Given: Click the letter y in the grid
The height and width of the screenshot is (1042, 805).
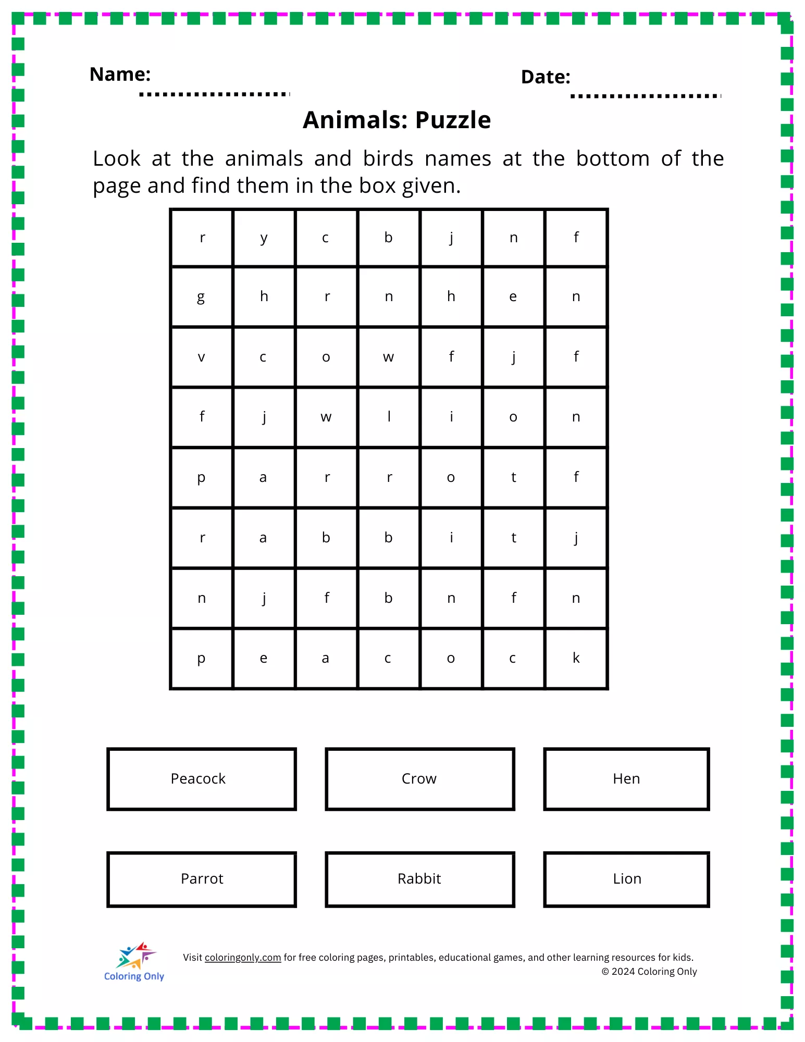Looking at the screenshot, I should pyautogui.click(x=264, y=238).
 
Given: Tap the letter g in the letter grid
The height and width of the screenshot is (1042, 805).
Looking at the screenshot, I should pyautogui.click(x=201, y=297).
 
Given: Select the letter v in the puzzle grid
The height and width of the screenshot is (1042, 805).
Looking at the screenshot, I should pyautogui.click(x=202, y=357).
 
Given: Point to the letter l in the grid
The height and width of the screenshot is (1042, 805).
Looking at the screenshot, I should pyautogui.click(x=389, y=417).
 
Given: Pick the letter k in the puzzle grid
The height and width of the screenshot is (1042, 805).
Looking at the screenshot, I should pyautogui.click(x=576, y=658).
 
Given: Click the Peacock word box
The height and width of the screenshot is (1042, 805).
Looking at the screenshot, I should pyautogui.click(x=202, y=779).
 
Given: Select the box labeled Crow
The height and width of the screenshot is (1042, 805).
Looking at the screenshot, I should pyautogui.click(x=419, y=779).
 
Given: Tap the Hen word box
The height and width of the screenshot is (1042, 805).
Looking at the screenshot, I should pyautogui.click(x=626, y=779).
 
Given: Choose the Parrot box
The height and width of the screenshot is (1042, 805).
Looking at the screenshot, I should pyautogui.click(x=202, y=879).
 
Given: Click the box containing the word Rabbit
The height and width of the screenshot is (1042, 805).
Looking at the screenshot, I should pyautogui.click(x=419, y=879).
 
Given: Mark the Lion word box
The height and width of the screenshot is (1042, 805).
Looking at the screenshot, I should pyautogui.click(x=626, y=879).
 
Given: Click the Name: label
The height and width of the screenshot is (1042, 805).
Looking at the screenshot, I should pyautogui.click(x=120, y=75).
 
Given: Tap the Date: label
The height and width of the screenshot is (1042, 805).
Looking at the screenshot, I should pyautogui.click(x=546, y=77).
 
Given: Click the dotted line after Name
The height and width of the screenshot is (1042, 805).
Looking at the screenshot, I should pyautogui.click(x=214, y=94).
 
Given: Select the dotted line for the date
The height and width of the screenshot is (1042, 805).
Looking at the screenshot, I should pyautogui.click(x=646, y=96).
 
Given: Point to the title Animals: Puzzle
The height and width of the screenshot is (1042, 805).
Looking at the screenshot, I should pyautogui.click(x=397, y=120).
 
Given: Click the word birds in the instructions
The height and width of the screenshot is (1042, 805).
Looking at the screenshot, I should pyautogui.click(x=388, y=159).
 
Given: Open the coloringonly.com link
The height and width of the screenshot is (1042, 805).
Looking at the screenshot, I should pyautogui.click(x=243, y=958).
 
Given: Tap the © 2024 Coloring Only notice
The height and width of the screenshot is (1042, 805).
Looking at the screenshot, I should pyautogui.click(x=649, y=972).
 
